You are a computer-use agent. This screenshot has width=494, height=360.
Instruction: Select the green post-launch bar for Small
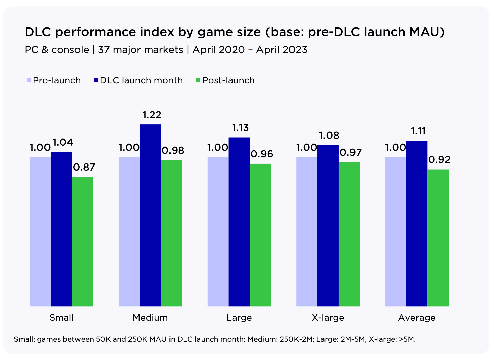(83, 241)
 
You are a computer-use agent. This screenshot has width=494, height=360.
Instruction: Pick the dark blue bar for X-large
(328, 226)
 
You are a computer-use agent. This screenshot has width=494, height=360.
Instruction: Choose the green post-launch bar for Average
(438, 238)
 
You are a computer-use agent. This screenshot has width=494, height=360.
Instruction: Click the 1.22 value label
(152, 115)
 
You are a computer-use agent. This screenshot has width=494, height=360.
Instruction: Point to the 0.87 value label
(84, 167)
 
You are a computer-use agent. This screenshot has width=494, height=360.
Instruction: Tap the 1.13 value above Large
(240, 128)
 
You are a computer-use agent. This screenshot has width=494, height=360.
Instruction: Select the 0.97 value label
(350, 153)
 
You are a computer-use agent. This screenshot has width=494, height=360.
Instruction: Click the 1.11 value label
(418, 131)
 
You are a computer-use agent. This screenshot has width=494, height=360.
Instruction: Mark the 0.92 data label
(439, 160)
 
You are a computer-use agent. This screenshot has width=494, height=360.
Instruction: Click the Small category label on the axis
(61, 318)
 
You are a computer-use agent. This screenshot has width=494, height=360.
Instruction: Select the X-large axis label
(328, 318)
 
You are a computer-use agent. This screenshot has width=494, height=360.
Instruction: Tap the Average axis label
(417, 318)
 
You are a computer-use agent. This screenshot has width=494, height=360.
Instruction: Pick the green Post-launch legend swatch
(198, 80)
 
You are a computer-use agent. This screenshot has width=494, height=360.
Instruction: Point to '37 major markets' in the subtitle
(141, 50)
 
